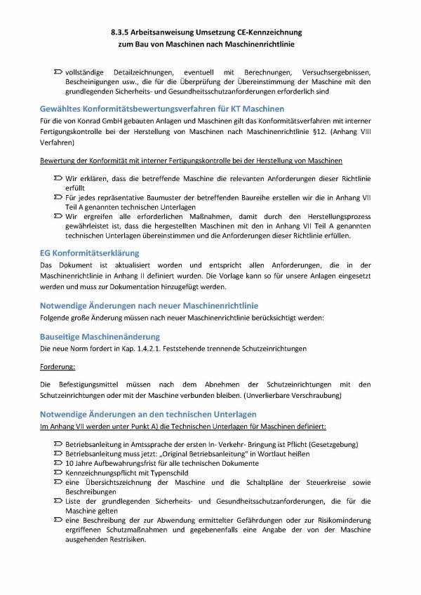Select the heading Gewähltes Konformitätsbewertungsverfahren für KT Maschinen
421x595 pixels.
(x=162, y=109)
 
